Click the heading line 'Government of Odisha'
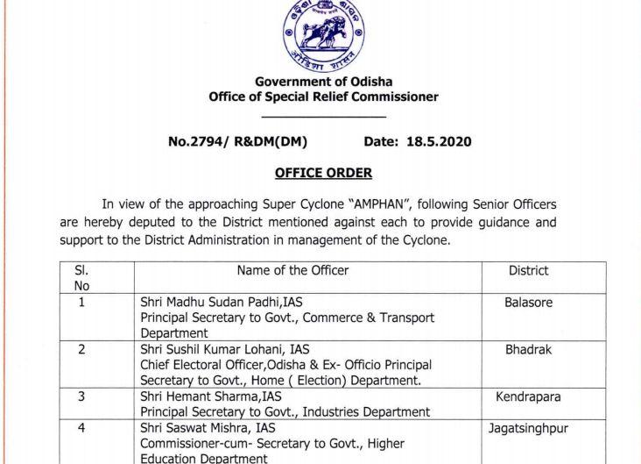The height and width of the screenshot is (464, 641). tap(323, 82)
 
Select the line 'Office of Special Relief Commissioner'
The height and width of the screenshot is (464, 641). tap(323, 96)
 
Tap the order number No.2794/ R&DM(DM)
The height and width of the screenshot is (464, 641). tap(237, 141)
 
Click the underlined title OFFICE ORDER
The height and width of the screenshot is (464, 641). tap(323, 173)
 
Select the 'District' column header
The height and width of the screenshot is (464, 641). tap(528, 271)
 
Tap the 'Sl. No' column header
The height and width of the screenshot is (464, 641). tap(81, 278)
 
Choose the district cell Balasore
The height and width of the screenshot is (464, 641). tap(528, 303)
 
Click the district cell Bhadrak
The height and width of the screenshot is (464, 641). tap(528, 349)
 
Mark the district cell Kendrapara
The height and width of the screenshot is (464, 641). tap(528, 396)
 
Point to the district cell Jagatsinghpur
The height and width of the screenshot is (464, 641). tap(528, 429)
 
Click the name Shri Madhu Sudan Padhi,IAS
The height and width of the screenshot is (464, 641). tap(222, 303)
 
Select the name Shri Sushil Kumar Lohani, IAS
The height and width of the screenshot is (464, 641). tap(225, 349)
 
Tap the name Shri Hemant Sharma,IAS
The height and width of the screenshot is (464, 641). tap(208, 396)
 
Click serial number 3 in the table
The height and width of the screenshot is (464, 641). tap(81, 396)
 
